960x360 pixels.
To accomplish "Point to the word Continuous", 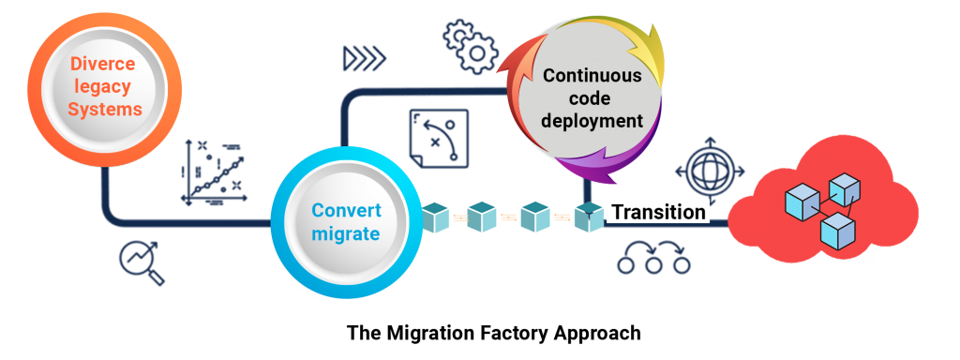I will [x=592, y=76].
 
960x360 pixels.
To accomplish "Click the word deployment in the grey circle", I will [x=592, y=121].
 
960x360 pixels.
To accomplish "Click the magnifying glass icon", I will [x=142, y=262].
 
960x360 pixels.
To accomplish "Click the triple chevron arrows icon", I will [x=365, y=59].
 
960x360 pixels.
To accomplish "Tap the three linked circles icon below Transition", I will [x=654, y=259].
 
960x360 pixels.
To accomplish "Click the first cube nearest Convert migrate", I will [x=437, y=217].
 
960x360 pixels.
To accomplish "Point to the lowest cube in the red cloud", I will [x=836, y=231].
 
